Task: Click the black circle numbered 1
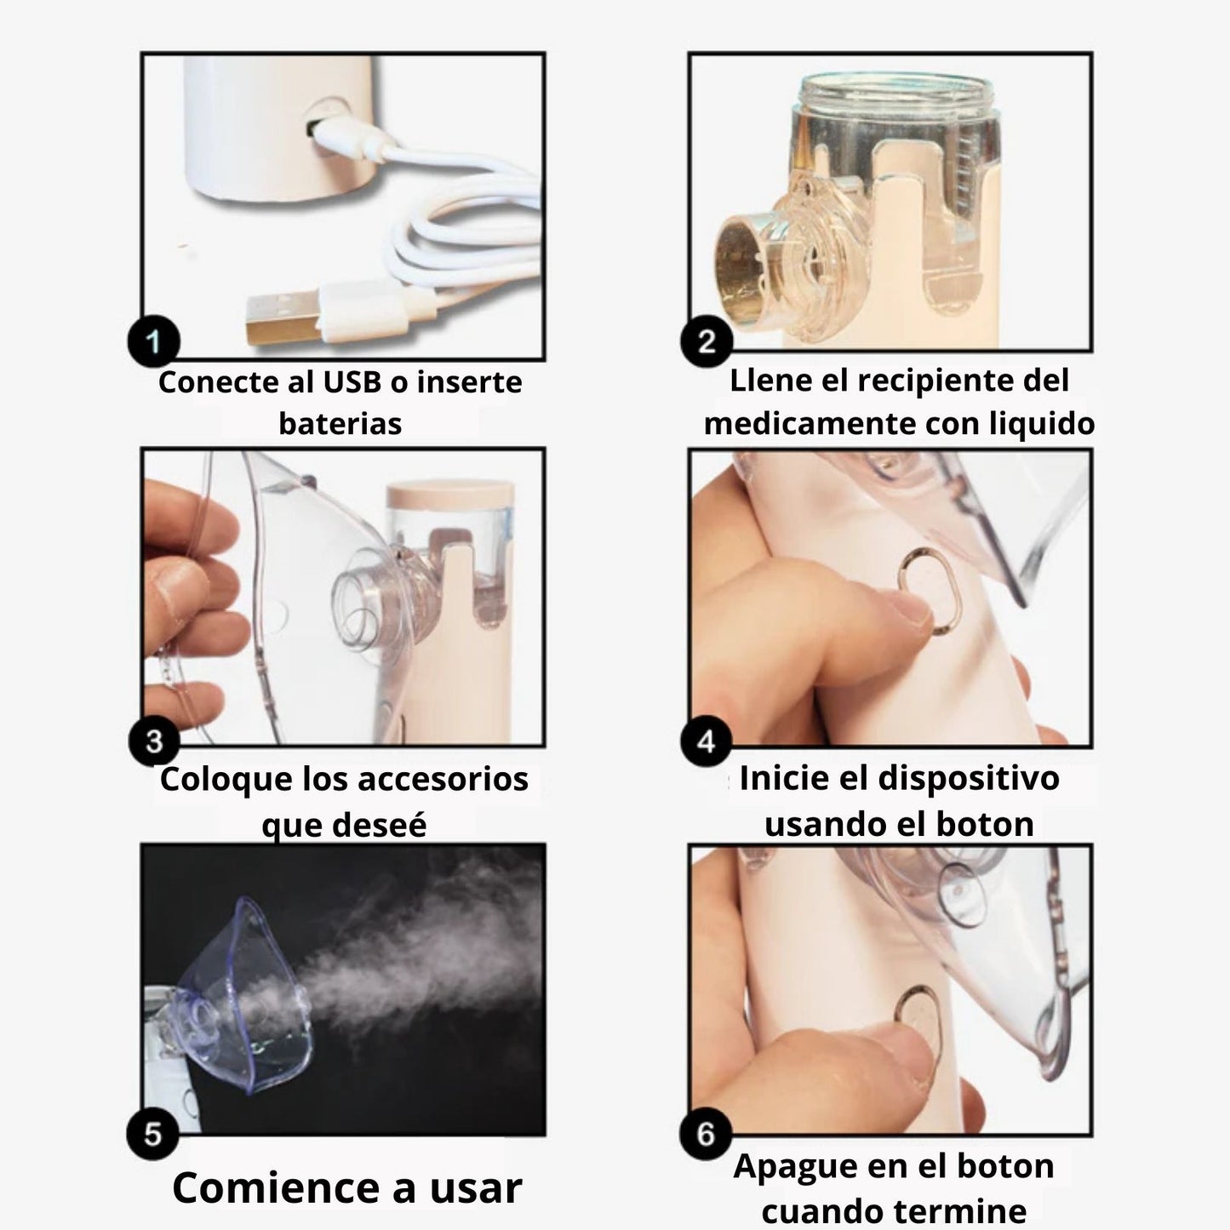point(153,340)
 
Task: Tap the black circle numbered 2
point(706,340)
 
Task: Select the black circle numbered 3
point(153,741)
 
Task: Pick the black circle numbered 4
point(706,741)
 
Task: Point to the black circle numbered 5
point(152,1134)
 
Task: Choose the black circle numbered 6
point(706,1134)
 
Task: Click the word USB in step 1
point(352,382)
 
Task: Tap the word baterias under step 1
point(340,423)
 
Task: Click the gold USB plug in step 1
point(282,318)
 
